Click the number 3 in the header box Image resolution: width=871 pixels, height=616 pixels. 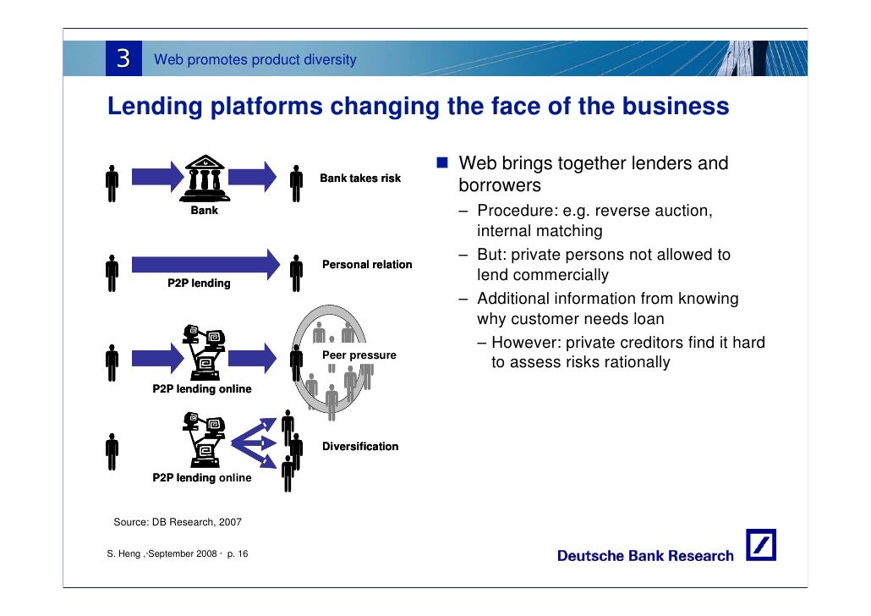tap(123, 58)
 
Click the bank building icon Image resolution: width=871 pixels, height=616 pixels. tap(204, 175)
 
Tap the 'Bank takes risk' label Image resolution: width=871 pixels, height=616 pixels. tap(360, 179)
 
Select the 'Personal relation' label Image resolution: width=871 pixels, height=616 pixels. tap(367, 265)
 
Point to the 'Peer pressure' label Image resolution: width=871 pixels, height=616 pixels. tap(360, 355)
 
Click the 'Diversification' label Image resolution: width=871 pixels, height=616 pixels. tap(360, 447)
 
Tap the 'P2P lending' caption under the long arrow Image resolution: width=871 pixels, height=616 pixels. tap(199, 283)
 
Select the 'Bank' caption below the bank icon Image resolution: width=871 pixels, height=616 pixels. tap(204, 210)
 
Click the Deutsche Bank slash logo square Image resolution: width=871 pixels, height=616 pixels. tap(761, 546)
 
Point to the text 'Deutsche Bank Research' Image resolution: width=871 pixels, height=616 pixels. tap(645, 556)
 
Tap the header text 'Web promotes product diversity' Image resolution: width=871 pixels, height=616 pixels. tap(255, 60)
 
